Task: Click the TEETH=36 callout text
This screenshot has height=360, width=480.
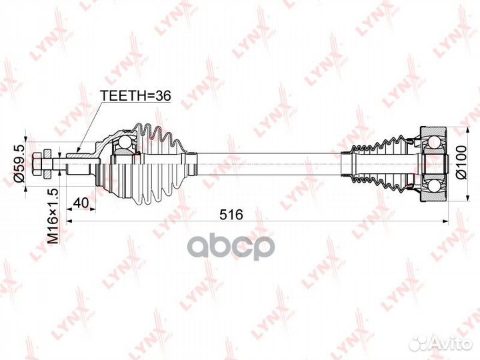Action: pyautogui.click(x=135, y=96)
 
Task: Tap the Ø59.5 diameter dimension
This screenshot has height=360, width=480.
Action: pyautogui.click(x=20, y=164)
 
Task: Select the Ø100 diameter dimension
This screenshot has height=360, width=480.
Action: pyautogui.click(x=461, y=162)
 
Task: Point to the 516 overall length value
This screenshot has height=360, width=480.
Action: pyautogui.click(x=231, y=214)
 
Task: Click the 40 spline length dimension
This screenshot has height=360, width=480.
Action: pyautogui.click(x=81, y=203)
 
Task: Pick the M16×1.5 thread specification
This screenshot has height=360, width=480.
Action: pyautogui.click(x=53, y=216)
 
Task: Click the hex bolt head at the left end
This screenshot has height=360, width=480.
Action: pyautogui.click(x=36, y=164)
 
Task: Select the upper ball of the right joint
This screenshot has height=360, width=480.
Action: pyautogui.click(x=434, y=142)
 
